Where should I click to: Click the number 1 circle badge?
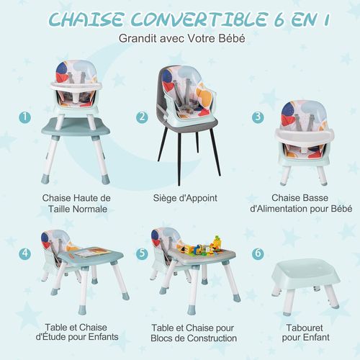(x=27, y=117)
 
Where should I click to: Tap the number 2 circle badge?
(x=143, y=117)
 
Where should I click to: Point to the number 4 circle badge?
(x=26, y=253)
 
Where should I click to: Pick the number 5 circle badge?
(x=143, y=253)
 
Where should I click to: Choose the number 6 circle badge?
(x=258, y=253)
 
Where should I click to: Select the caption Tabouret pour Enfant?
(x=305, y=330)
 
